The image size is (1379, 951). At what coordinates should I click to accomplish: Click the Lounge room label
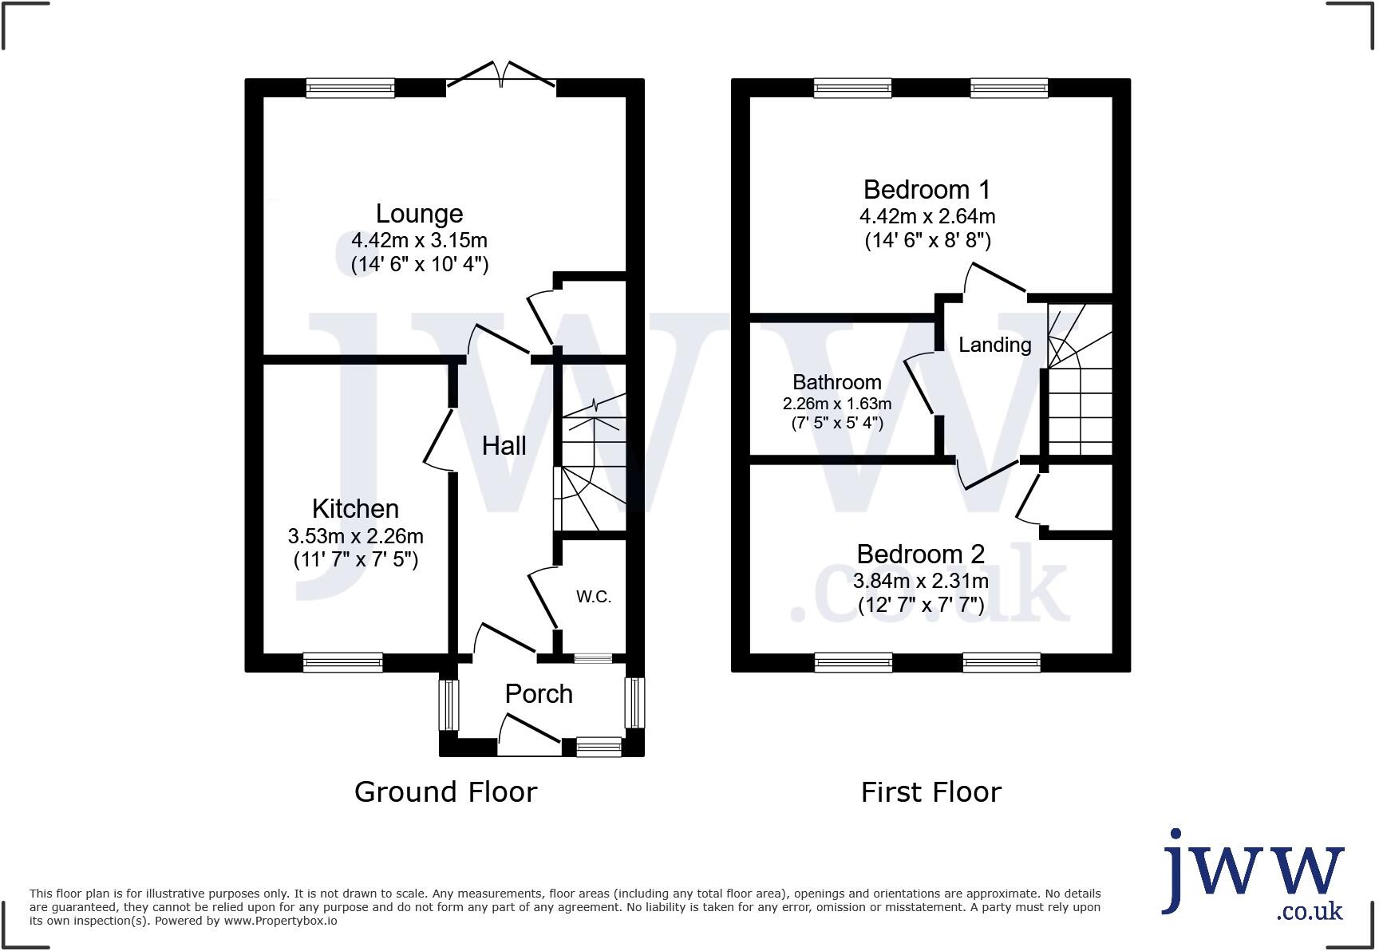(x=419, y=214)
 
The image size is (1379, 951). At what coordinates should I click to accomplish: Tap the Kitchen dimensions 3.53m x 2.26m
(x=355, y=536)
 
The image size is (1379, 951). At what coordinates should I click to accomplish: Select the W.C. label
(x=594, y=597)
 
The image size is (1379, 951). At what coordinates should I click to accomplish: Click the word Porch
(x=539, y=694)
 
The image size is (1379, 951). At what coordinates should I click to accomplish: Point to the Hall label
(x=504, y=445)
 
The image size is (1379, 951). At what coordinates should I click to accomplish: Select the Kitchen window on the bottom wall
(x=342, y=661)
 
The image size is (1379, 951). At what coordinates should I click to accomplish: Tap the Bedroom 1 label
(x=927, y=190)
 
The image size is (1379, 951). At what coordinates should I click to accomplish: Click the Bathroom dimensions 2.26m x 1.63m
(x=836, y=404)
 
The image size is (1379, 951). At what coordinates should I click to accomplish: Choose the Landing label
(x=994, y=345)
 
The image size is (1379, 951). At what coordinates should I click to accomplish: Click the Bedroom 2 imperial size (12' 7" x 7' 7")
(x=920, y=606)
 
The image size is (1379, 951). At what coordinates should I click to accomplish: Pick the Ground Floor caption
(x=445, y=792)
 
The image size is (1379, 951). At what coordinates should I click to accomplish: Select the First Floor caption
(x=931, y=792)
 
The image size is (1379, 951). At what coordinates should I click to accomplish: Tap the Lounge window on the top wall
(x=350, y=88)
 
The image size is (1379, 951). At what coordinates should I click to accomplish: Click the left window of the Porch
(x=449, y=704)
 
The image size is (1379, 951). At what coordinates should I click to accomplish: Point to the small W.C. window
(x=593, y=658)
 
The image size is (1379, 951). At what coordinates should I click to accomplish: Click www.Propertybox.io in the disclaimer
(x=280, y=921)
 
